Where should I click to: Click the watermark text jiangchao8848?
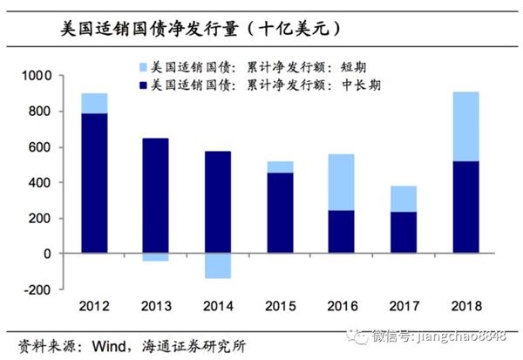tap(472, 333)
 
